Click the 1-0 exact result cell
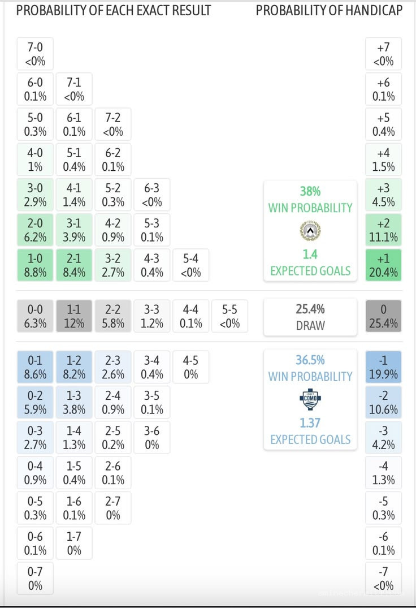click(x=35, y=265)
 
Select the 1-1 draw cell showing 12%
click(x=74, y=316)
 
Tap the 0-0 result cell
click(x=35, y=316)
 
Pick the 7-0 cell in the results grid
click(x=35, y=54)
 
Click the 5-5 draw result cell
click(x=229, y=316)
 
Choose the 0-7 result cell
click(x=35, y=578)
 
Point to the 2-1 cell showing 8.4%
click(x=74, y=265)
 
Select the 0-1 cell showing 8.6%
click(x=35, y=367)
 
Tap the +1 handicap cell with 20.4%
click(x=383, y=265)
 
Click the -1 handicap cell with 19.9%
click(x=383, y=367)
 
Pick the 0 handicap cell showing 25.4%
click(x=383, y=316)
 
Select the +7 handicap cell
click(x=383, y=54)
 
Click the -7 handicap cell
click(x=383, y=578)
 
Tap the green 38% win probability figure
click(x=310, y=191)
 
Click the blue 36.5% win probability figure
click(x=310, y=360)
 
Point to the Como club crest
click(x=310, y=399)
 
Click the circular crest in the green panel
click(x=310, y=231)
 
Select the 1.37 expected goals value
click(x=310, y=422)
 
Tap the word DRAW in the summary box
click(x=310, y=325)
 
